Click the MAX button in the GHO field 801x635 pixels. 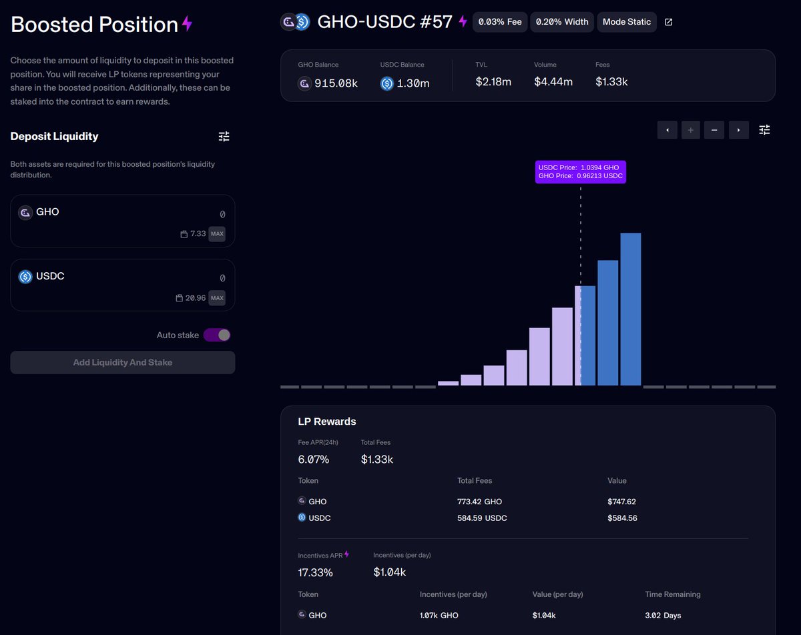[217, 234]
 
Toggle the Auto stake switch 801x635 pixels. [217, 335]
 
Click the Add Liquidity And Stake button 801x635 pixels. [123, 363]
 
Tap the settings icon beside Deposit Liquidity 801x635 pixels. [224, 137]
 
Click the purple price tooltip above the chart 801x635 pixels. [580, 171]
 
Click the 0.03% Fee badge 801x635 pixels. [500, 22]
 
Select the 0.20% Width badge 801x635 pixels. [562, 22]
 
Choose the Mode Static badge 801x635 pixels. [626, 22]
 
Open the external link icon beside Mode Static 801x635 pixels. [669, 22]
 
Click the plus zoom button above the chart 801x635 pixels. [691, 130]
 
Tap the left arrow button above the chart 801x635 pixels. [667, 130]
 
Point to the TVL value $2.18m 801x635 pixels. [493, 82]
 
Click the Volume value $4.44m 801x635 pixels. [553, 82]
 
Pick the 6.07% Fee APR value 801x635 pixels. [314, 460]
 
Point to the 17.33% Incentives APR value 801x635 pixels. [315, 572]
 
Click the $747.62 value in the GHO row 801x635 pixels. [621, 502]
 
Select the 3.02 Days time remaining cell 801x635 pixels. [663, 615]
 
